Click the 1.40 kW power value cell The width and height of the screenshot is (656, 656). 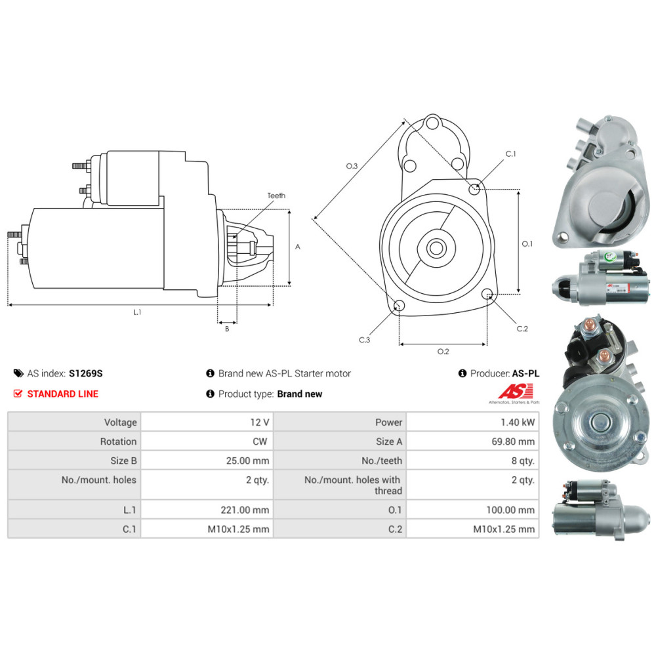[518, 422]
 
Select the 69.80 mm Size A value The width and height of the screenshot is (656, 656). [513, 441]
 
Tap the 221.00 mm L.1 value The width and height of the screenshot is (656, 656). [245, 510]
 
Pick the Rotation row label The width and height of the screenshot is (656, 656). [118, 441]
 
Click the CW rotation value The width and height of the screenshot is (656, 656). [260, 441]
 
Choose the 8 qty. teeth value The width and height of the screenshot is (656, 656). [523, 461]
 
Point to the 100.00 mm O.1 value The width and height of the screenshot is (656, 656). [510, 510]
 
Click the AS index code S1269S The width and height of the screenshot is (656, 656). [86, 373]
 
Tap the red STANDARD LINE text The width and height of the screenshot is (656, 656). [63, 394]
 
